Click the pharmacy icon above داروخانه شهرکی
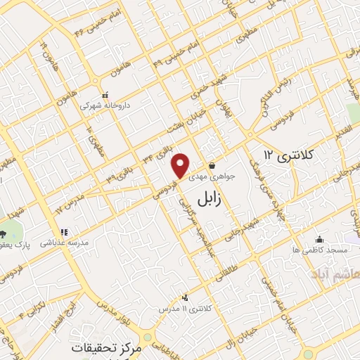pyautogui.click(x=105, y=95)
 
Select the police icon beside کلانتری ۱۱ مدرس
pyautogui.click(x=185, y=297)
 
